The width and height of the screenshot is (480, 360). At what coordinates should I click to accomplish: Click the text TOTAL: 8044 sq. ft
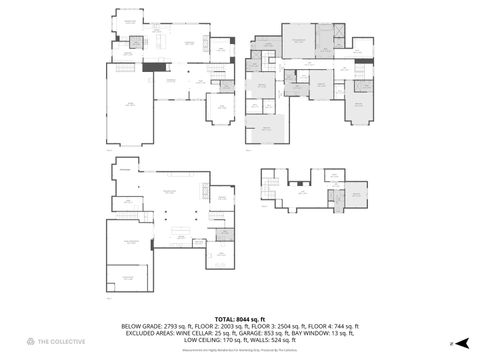coord(240,318)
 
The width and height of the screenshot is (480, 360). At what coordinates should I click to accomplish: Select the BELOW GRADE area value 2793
coord(172,326)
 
